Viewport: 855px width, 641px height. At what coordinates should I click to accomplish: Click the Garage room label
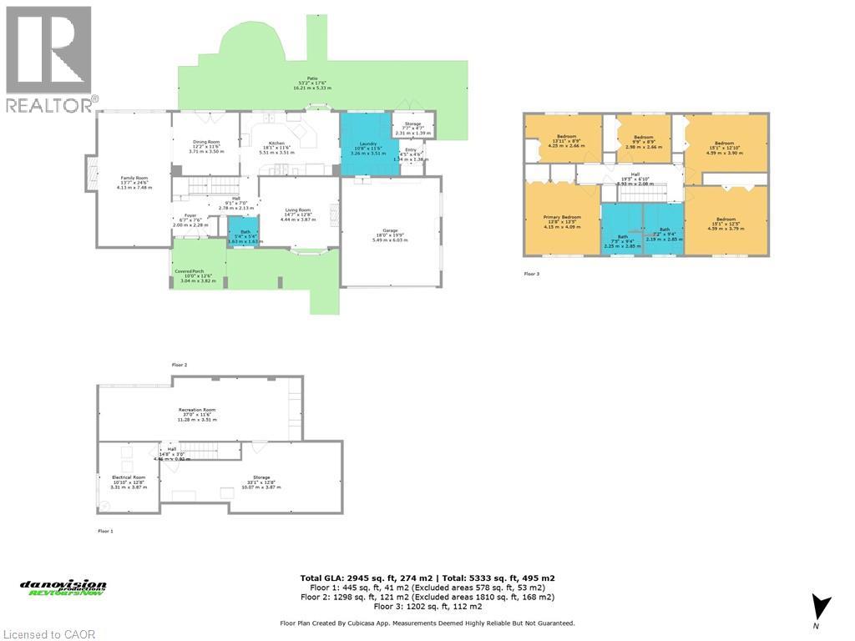(390, 238)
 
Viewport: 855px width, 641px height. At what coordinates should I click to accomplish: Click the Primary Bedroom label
(561, 221)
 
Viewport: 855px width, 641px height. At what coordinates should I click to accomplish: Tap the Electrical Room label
(129, 482)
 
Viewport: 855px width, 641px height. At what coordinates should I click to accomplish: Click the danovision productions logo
(63, 588)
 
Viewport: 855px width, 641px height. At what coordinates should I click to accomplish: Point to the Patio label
(312, 82)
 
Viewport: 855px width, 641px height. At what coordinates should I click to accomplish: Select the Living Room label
(297, 214)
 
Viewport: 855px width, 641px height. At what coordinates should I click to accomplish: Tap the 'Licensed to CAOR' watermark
(48, 634)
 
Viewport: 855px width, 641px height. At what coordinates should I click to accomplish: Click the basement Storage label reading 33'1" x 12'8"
(251, 482)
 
